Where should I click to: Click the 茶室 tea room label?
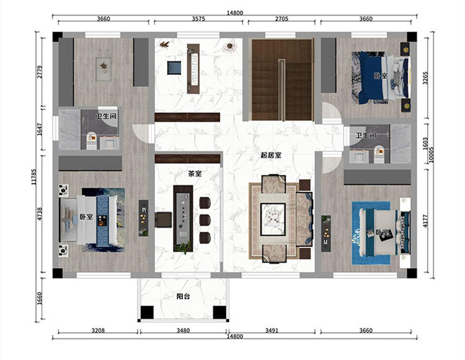pos(195,174)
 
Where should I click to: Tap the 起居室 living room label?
pos(271,155)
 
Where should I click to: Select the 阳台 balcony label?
pos(184,296)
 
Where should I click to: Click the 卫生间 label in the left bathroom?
pos(106,116)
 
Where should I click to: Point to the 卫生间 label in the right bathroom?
pos(366,136)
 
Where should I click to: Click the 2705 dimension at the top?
pos(281,19)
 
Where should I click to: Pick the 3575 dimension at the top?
pos(198,19)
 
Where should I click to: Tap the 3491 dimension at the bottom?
pos(272,330)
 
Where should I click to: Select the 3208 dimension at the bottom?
pos(98,330)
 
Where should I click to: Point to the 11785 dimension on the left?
pos(33,177)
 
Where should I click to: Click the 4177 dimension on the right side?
pos(425,221)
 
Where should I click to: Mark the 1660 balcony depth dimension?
pos(40,299)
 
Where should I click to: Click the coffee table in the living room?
pos(273,219)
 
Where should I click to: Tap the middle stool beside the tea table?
pos(205,220)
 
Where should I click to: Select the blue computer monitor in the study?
pos(174,68)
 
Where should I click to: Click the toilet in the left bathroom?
pos(92,141)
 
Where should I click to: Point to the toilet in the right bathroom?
pos(379,154)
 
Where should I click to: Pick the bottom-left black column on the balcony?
pos(147,312)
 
